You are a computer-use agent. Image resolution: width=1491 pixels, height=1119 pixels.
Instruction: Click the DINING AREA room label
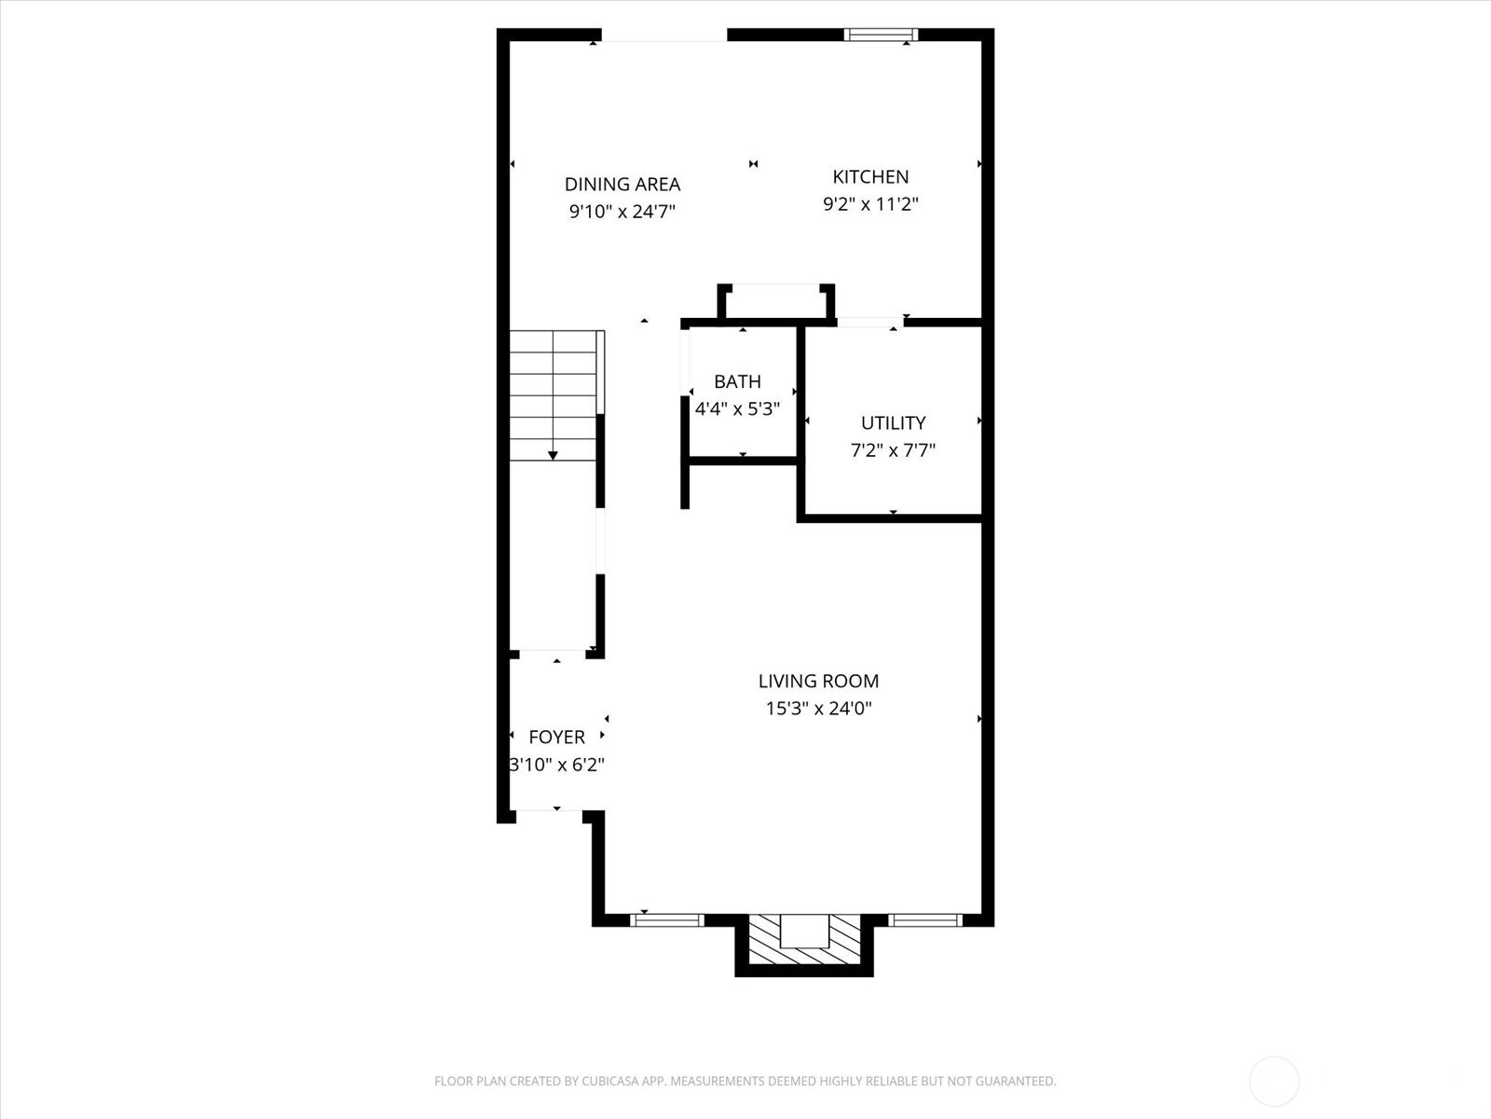pos(622,185)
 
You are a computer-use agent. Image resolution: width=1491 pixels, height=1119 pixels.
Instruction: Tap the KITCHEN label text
pos(870,177)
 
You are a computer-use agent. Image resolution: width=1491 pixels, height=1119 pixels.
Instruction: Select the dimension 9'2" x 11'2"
pos(870,204)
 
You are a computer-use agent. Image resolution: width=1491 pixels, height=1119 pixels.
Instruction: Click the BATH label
pos(737,381)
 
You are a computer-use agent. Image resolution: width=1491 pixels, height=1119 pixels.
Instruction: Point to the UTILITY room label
pos(893,423)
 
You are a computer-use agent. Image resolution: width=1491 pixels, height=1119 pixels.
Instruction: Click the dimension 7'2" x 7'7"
pos(893,450)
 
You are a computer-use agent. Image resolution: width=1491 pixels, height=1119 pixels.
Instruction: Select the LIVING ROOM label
pos(818,682)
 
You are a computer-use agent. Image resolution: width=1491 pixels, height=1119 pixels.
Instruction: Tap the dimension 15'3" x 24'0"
pos(818,709)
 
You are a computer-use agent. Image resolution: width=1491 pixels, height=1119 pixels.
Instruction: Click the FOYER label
pos(556,738)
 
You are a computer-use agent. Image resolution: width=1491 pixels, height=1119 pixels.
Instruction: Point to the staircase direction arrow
pos(553,453)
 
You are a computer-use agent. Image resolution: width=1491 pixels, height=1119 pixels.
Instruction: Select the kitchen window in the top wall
pos(881,35)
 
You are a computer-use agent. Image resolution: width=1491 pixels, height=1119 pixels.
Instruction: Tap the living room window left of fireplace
pos(666,920)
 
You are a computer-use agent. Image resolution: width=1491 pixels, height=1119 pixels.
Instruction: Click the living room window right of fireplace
pos(923,920)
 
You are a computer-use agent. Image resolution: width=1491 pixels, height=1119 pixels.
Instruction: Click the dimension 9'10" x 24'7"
pos(622,212)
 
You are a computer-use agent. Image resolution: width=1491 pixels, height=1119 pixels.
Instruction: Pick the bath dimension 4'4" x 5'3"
pos(737,408)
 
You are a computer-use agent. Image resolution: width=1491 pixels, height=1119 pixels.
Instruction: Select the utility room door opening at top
pos(869,323)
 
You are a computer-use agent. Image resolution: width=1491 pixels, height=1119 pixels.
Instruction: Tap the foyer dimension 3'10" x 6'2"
pos(556,766)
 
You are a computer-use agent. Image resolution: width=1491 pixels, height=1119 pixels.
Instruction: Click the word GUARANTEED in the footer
pos(1015,1082)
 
